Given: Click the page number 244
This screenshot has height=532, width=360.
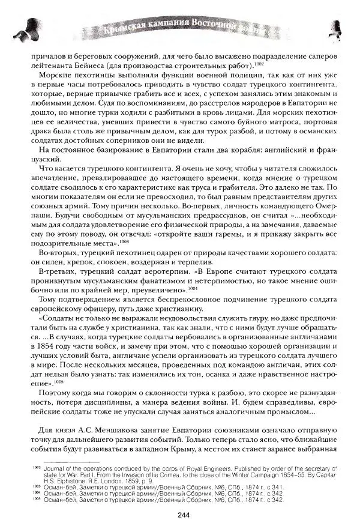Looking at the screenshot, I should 184,514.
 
